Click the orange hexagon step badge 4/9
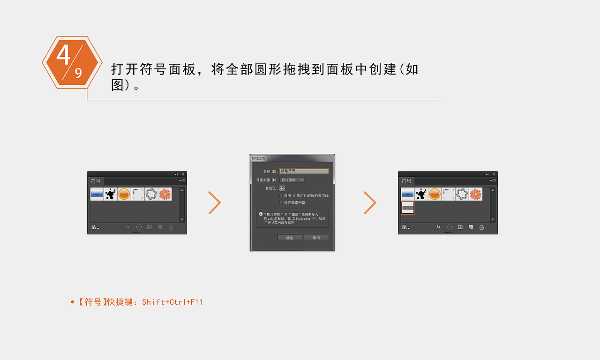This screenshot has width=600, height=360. point(72,62)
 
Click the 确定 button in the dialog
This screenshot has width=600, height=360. point(290,238)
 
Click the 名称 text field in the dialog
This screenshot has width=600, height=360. point(304,171)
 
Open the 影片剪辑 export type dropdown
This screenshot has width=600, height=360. point(292,180)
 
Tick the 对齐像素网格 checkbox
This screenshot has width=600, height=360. point(281,203)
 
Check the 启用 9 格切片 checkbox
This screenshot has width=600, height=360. point(281,195)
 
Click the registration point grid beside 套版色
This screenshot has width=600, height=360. point(282,188)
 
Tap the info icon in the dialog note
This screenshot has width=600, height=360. point(261,214)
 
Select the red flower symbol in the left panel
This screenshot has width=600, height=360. point(165,194)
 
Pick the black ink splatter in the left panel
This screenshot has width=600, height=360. point(111,194)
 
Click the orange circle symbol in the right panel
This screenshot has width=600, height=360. point(435,194)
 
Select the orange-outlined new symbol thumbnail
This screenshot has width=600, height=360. point(408,208)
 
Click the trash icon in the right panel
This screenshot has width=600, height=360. point(481,227)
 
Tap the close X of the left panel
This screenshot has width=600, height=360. point(183,174)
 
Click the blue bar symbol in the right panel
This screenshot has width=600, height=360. point(408,194)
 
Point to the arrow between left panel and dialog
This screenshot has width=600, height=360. point(215,203)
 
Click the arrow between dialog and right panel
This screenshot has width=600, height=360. point(370,203)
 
